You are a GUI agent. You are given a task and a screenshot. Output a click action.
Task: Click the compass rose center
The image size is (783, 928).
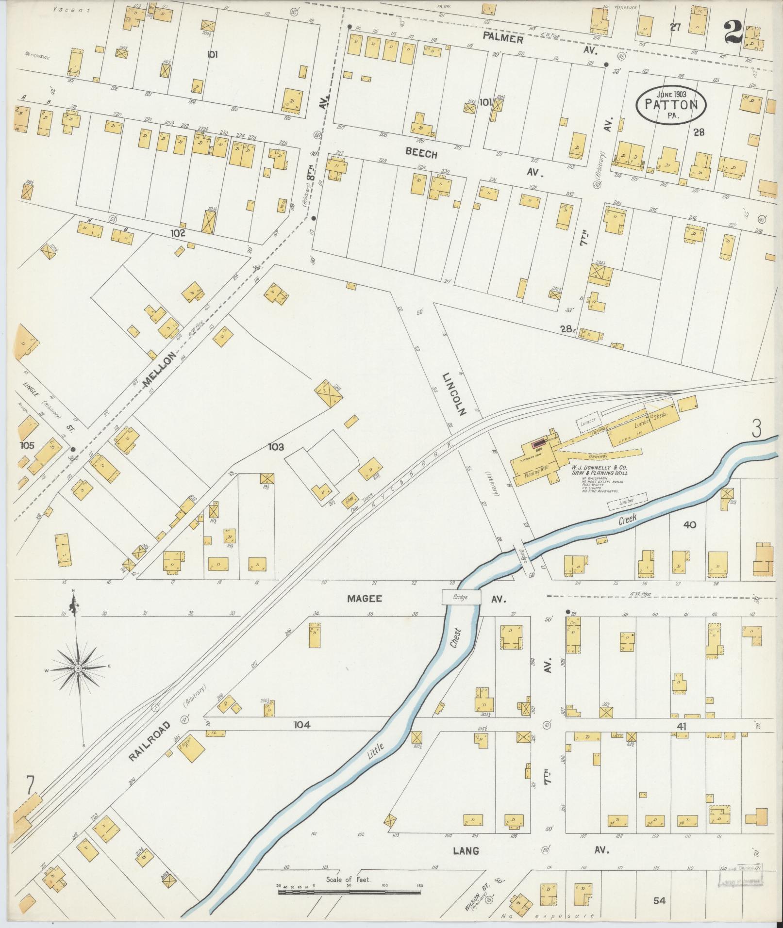78,669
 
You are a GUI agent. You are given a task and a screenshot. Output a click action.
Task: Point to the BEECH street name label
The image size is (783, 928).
421,154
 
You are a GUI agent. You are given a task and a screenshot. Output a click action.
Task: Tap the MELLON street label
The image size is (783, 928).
159,370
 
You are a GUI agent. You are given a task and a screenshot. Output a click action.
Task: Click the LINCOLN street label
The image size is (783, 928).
454,394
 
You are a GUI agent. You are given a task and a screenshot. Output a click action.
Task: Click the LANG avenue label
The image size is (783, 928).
466,850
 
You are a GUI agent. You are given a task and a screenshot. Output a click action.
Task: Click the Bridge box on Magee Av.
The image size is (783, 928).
461,597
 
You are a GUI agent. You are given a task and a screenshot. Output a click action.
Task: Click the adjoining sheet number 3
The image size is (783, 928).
756,429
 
